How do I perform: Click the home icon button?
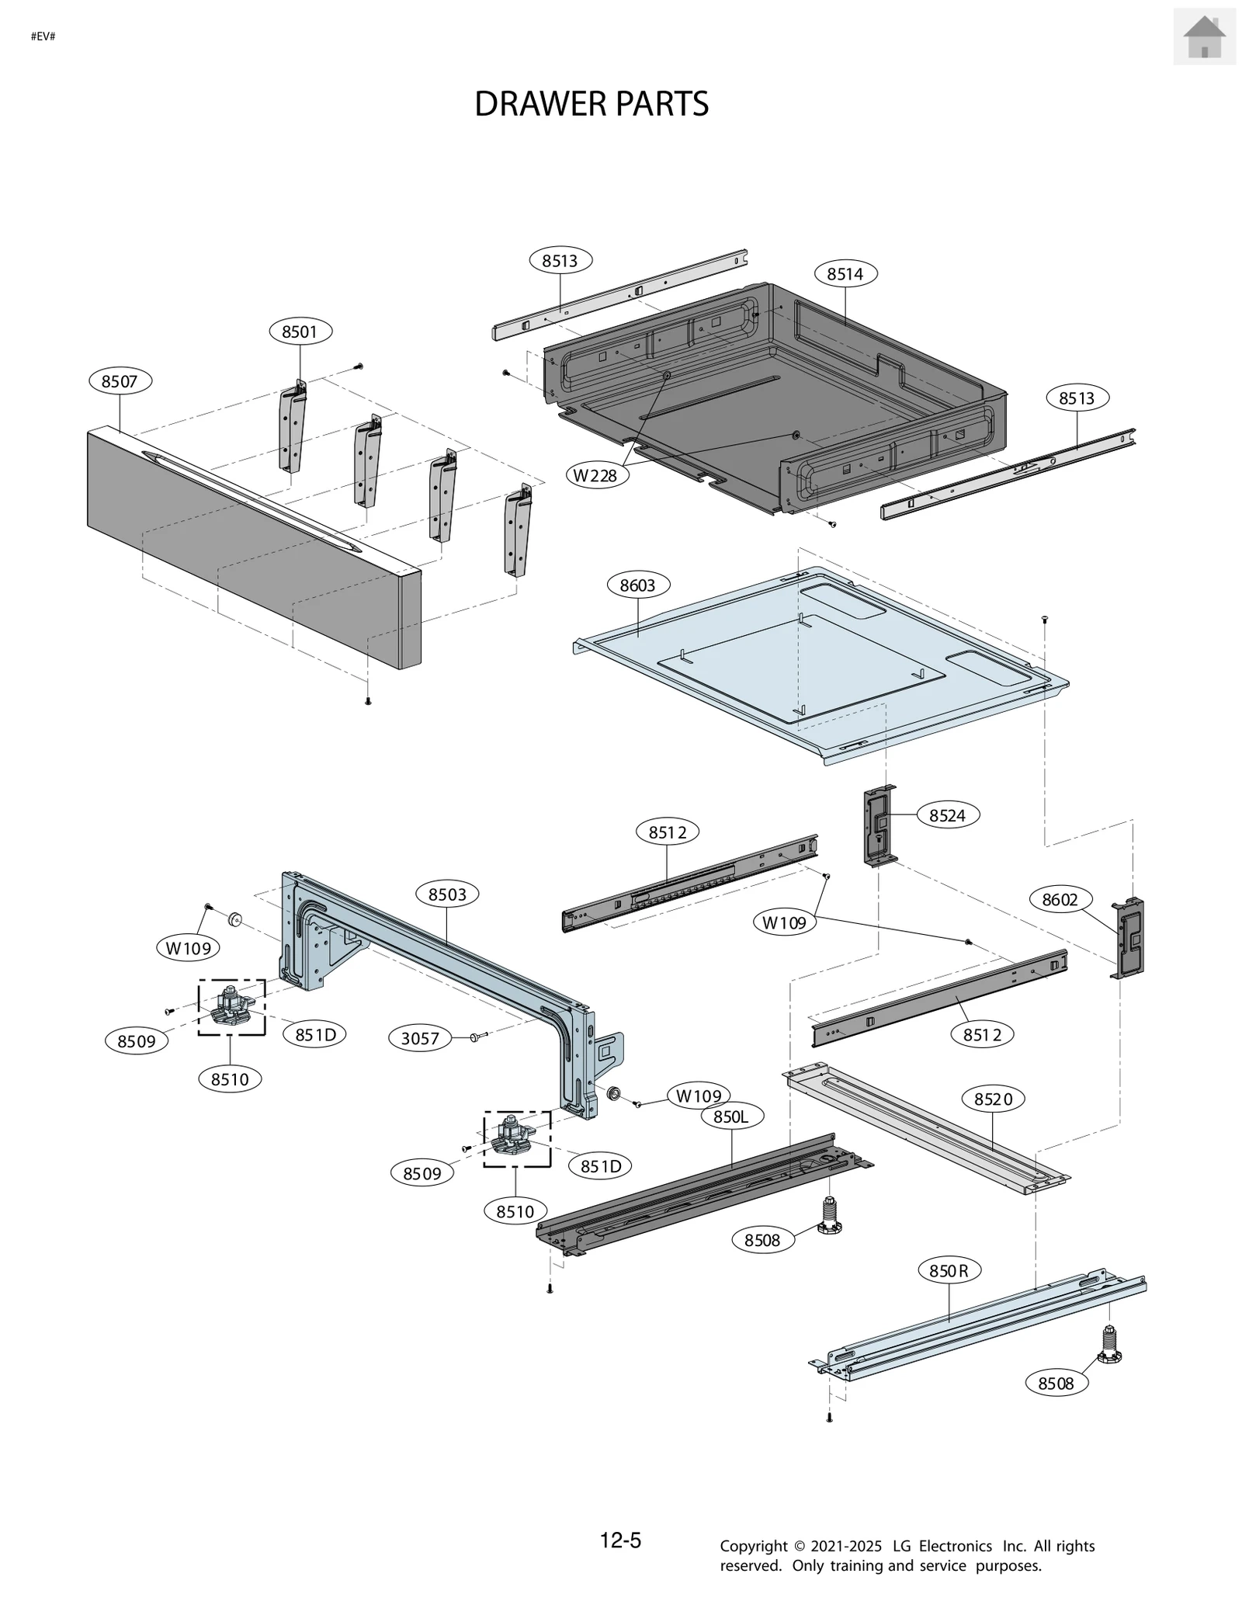[1204, 36]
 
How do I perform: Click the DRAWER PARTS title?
[591, 104]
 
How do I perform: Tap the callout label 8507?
[120, 381]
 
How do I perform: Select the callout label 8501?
[300, 332]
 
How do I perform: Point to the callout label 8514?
[845, 273]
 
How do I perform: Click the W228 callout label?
[595, 475]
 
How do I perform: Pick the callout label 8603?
[637, 585]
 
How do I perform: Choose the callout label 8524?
[947, 814]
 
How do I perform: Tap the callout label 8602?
[1060, 899]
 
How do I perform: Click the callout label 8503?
[447, 894]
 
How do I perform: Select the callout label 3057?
[419, 1038]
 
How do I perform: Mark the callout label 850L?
[730, 1117]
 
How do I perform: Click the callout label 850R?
[949, 1270]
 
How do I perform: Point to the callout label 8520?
[993, 1099]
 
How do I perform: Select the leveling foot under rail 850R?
[1110, 1347]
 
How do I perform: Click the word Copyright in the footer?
[753, 1547]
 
